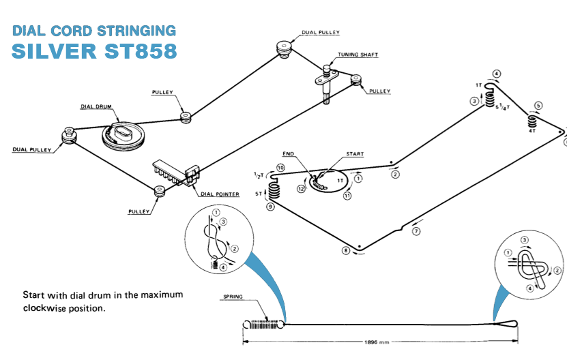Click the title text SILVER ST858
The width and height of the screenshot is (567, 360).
94,51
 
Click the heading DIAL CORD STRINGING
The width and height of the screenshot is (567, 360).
94,31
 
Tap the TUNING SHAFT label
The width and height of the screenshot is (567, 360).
358,55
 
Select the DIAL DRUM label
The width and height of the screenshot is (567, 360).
96,106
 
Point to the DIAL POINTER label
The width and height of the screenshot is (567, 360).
220,194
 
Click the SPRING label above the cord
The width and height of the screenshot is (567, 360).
233,297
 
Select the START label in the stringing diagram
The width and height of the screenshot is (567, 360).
355,154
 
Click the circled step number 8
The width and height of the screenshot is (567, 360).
346,252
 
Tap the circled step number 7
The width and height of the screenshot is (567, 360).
416,231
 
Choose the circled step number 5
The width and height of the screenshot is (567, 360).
538,106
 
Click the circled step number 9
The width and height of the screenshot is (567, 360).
271,207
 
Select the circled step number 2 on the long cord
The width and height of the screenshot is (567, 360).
395,175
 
